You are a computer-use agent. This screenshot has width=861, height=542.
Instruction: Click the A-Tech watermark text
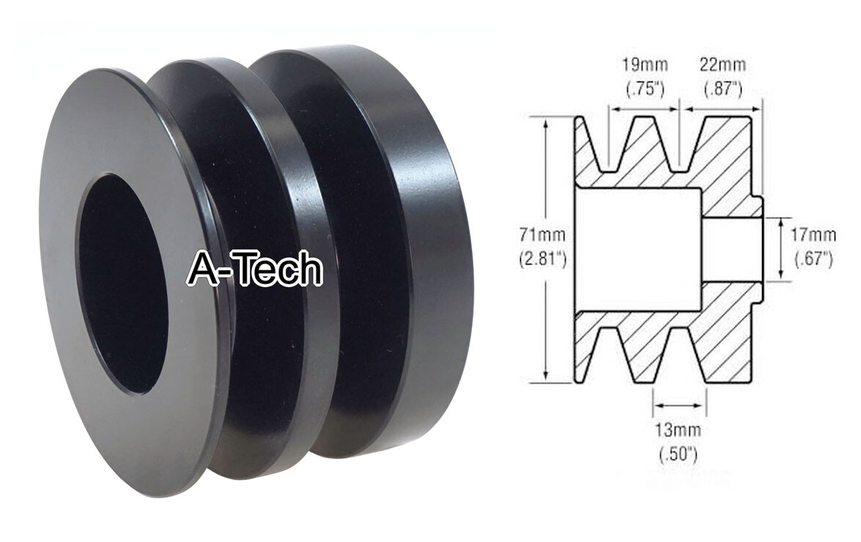click(254, 269)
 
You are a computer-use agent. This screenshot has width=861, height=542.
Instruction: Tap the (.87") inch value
click(724, 89)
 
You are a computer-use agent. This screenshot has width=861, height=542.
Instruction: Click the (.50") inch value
click(678, 453)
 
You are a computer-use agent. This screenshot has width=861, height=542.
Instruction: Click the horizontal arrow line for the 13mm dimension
click(679, 402)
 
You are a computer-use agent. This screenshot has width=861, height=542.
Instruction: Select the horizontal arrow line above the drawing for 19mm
click(644, 109)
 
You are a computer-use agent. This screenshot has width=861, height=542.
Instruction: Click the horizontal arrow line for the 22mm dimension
click(723, 109)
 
